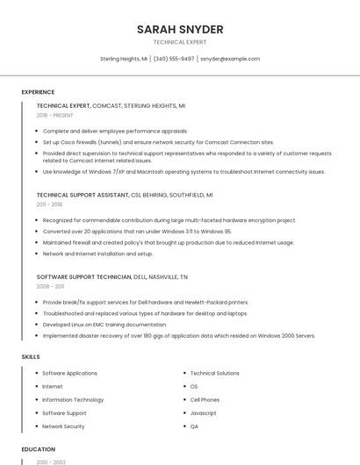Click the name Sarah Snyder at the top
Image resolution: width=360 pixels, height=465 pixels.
180,30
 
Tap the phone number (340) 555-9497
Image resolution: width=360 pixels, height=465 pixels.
174,59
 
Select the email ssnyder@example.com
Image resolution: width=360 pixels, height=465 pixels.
230,59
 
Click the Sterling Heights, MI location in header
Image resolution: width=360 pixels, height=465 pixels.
123,59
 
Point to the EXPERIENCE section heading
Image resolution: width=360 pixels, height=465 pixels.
38,92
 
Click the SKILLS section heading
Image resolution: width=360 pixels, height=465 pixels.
30,357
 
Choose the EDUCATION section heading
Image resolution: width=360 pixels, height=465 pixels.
38,449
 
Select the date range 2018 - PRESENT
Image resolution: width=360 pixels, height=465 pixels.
54,115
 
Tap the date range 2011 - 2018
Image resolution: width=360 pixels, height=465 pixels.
49,204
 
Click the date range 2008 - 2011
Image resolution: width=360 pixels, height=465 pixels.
50,286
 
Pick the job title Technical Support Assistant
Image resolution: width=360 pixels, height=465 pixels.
83,195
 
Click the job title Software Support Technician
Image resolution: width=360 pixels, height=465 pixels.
84,276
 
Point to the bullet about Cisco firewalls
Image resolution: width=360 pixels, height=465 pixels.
158,141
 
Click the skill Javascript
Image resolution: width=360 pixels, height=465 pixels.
204,412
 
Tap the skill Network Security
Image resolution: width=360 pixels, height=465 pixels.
63,426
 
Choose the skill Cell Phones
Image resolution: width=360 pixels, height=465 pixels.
205,399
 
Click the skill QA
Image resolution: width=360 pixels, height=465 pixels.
194,426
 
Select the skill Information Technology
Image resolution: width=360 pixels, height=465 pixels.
73,399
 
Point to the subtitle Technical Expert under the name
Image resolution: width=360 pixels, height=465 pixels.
180,41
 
